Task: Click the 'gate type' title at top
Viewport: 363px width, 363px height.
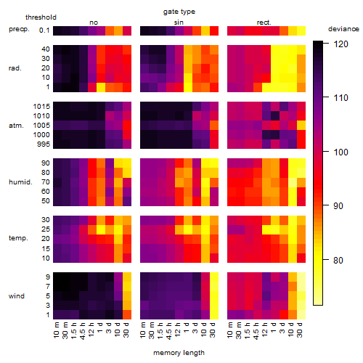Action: (x=179, y=12)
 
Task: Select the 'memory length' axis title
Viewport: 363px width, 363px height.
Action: (x=179, y=353)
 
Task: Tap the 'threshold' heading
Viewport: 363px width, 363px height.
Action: (x=41, y=17)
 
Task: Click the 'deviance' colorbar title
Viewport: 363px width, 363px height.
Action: (x=343, y=29)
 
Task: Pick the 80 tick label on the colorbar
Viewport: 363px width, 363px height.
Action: (x=338, y=261)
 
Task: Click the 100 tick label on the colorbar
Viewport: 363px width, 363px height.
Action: (x=340, y=152)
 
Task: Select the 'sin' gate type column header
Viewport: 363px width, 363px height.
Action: (x=179, y=23)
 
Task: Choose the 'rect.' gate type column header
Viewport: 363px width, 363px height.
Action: (x=264, y=23)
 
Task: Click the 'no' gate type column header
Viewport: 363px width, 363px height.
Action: (x=94, y=23)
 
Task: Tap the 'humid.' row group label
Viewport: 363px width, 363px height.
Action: (x=20, y=182)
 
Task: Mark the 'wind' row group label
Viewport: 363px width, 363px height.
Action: (x=17, y=296)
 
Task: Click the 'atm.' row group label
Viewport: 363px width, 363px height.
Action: (x=16, y=126)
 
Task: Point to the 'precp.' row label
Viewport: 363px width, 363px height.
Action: (x=19, y=29)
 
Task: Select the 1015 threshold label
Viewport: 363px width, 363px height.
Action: (x=41, y=107)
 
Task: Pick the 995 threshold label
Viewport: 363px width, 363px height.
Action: (x=44, y=144)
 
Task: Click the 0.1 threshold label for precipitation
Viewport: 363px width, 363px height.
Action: (x=44, y=30)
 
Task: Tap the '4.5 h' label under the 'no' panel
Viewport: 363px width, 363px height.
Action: (x=83, y=331)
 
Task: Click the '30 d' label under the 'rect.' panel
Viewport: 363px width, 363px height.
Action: (x=300, y=330)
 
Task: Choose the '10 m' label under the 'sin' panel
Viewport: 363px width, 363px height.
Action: (x=144, y=330)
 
